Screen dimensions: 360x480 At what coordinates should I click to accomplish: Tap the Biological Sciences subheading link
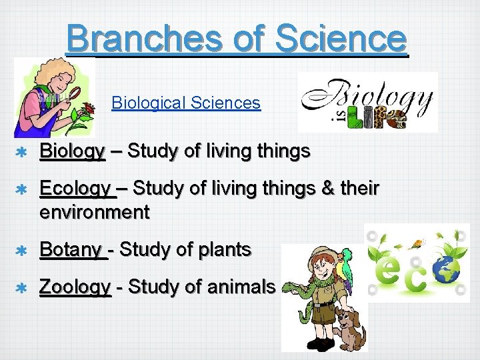186,103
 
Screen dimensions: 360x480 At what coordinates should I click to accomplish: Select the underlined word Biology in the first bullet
73,151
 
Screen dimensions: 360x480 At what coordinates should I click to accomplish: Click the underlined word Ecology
75,189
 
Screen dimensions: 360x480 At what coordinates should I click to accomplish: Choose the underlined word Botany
71,249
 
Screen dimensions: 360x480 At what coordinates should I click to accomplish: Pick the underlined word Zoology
75,287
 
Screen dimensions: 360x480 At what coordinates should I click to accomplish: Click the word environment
95,213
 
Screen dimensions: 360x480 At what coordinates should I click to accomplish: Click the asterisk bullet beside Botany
21,251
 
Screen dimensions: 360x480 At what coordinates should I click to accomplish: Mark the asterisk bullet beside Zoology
21,288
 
